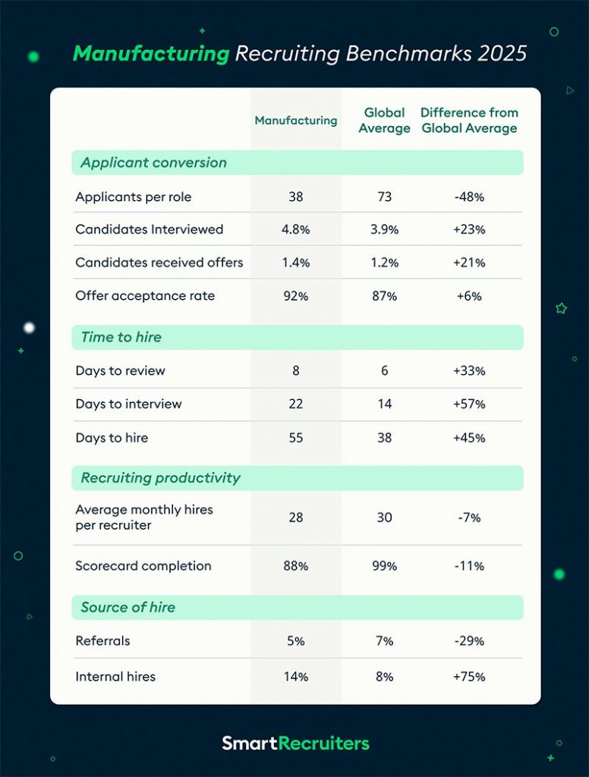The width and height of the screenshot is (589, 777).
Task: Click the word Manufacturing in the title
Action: pyautogui.click(x=150, y=55)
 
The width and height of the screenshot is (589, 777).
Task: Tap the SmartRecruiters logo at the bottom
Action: pyautogui.click(x=295, y=743)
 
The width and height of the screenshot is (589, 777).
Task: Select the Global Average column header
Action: pyautogui.click(x=384, y=121)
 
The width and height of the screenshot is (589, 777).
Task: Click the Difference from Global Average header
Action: pyautogui.click(x=469, y=121)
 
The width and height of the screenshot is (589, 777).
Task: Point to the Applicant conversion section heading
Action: pyautogui.click(x=153, y=163)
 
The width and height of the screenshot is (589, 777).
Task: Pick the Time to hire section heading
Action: pyautogui.click(x=121, y=338)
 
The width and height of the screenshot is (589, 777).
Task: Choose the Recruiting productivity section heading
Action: pyautogui.click(x=160, y=478)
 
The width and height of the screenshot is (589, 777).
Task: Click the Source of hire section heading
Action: pyautogui.click(x=128, y=607)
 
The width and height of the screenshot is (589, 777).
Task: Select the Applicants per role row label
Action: pyautogui.click(x=133, y=197)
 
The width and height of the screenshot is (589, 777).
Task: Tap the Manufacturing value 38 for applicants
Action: pyautogui.click(x=295, y=197)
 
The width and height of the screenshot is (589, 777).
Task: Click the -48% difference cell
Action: pyautogui.click(x=469, y=197)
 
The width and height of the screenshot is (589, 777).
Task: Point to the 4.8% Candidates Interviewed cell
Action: pyautogui.click(x=295, y=230)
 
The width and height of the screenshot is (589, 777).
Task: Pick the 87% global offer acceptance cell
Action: pyautogui.click(x=384, y=296)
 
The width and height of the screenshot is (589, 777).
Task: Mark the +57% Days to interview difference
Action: pyautogui.click(x=469, y=404)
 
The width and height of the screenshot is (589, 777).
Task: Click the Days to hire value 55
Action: pyautogui.click(x=295, y=438)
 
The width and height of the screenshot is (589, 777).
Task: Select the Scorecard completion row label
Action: pyautogui.click(x=143, y=566)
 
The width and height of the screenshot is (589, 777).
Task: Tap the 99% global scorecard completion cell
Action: pyautogui.click(x=384, y=566)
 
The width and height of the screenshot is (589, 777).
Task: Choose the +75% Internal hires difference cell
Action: pyautogui.click(x=469, y=677)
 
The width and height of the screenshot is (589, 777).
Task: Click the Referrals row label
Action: pyautogui.click(x=102, y=641)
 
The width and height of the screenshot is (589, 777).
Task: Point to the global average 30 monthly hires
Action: pyautogui.click(x=384, y=517)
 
